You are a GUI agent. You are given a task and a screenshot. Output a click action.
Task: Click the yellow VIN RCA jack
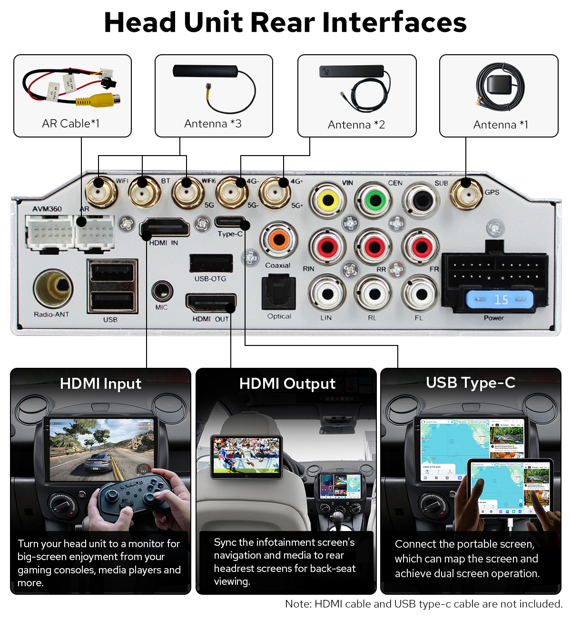pyautogui.click(x=328, y=200)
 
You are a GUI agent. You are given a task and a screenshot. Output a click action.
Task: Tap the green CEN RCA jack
pyautogui.click(x=375, y=200)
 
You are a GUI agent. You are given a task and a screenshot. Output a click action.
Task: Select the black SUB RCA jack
pyautogui.click(x=421, y=200)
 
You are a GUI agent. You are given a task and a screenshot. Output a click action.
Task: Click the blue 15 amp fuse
pyautogui.click(x=500, y=300)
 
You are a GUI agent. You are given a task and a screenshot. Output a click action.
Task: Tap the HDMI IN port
pyautogui.click(x=164, y=228)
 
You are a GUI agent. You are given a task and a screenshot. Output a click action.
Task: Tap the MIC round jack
pyautogui.click(x=162, y=290)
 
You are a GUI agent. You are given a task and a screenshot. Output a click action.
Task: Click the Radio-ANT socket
pyautogui.click(x=53, y=288)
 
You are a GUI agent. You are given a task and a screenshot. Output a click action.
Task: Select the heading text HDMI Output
pyautogui.click(x=287, y=384)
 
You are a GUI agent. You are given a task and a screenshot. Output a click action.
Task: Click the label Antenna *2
pyautogui.click(x=356, y=125)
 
